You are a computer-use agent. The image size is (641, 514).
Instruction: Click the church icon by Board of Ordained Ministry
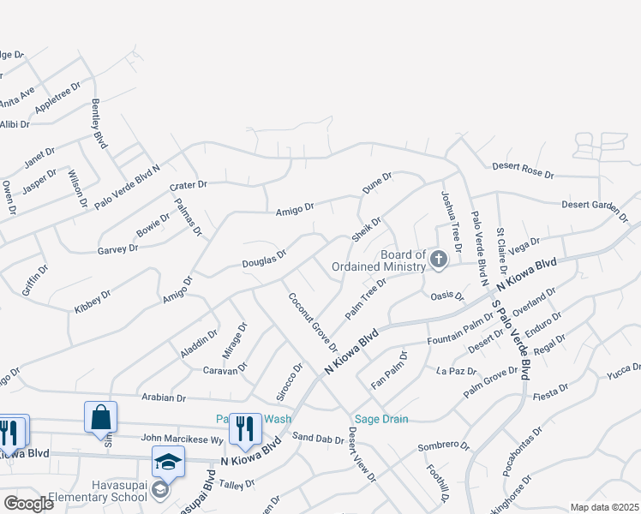pyautogui.click(x=438, y=259)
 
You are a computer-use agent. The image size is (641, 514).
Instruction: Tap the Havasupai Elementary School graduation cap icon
pyautogui.click(x=168, y=462)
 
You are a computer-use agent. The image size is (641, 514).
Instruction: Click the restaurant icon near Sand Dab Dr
pyautogui.click(x=245, y=428)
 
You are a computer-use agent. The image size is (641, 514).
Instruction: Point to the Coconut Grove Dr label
pyautogui.click(x=312, y=322)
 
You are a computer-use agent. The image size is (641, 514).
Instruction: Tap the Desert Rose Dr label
pyautogui.click(x=523, y=171)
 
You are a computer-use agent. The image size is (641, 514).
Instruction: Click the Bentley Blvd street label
pyautogui.click(x=99, y=125)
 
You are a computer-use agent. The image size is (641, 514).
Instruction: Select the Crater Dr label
pyautogui.click(x=189, y=185)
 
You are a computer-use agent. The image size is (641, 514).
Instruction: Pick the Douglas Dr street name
pyautogui.click(x=263, y=258)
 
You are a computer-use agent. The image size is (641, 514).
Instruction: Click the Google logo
pyautogui.click(x=28, y=503)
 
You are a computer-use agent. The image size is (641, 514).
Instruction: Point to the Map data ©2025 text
pyautogui.click(x=604, y=507)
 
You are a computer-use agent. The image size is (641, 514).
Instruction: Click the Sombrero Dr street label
pyautogui.click(x=444, y=446)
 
